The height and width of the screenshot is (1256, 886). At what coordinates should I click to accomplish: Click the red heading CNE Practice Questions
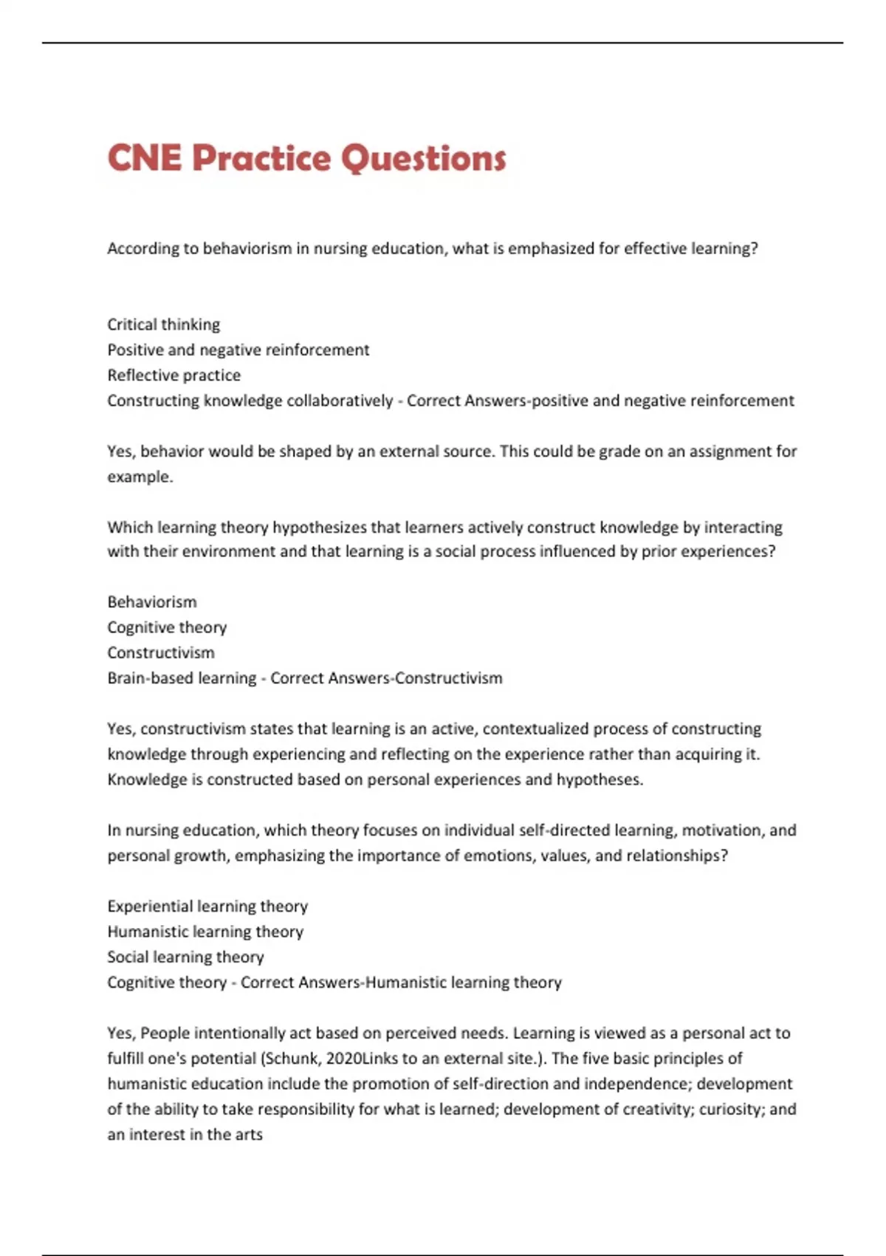coord(306,158)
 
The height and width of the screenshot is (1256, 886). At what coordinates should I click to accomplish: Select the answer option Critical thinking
coord(163,324)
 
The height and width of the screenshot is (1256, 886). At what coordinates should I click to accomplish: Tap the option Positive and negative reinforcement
coord(238,349)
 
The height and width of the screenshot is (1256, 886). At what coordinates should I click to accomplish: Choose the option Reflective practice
coord(174,375)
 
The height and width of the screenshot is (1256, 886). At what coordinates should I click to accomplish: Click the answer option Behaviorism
coord(151,602)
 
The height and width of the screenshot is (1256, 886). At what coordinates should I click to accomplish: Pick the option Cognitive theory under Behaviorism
coord(167,627)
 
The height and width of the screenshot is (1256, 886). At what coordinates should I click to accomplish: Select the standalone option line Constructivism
coord(161,652)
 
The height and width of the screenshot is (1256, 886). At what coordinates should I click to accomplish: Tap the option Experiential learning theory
coord(207,906)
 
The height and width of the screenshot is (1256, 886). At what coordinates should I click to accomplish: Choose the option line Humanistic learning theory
coord(205,932)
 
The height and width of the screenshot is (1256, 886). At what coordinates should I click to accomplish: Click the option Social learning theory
coord(185,957)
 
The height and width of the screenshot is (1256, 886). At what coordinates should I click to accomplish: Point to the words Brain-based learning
coord(182,678)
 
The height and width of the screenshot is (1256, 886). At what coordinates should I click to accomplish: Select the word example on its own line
coord(139,477)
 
